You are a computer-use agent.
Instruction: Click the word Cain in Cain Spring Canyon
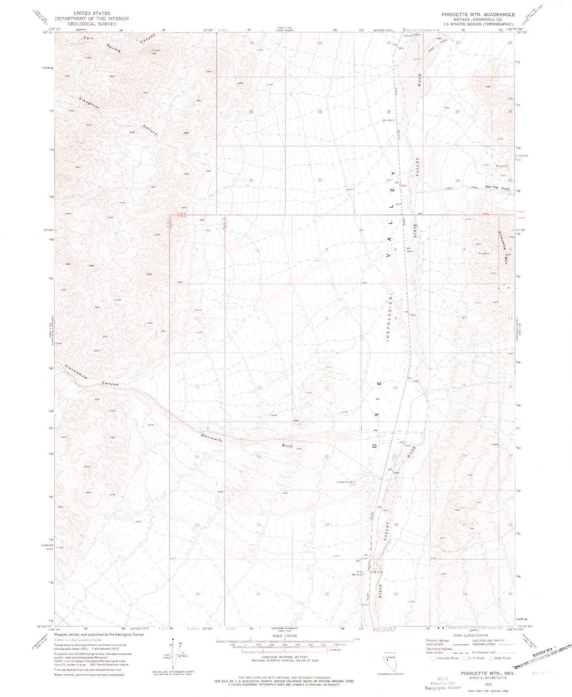click(88, 38)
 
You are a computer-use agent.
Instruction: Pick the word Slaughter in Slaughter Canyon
click(89, 103)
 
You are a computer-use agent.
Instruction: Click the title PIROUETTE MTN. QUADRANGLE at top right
click(478, 14)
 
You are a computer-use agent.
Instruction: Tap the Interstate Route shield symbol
click(433, 658)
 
